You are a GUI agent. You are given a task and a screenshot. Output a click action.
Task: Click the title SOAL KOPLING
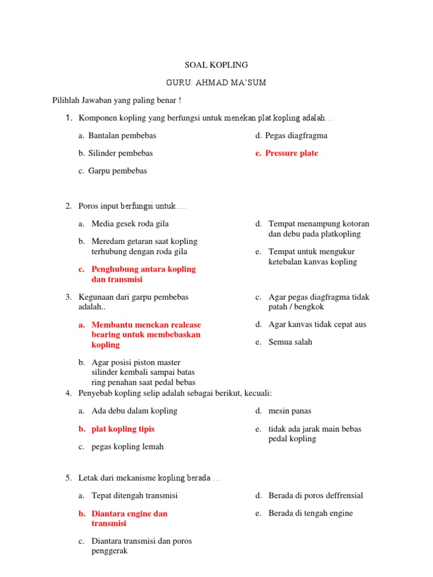pyautogui.click(x=216, y=65)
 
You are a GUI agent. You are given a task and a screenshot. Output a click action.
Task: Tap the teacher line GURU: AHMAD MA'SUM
pyautogui.click(x=216, y=83)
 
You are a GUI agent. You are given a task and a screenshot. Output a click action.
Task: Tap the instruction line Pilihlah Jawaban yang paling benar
pyautogui.click(x=117, y=100)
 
